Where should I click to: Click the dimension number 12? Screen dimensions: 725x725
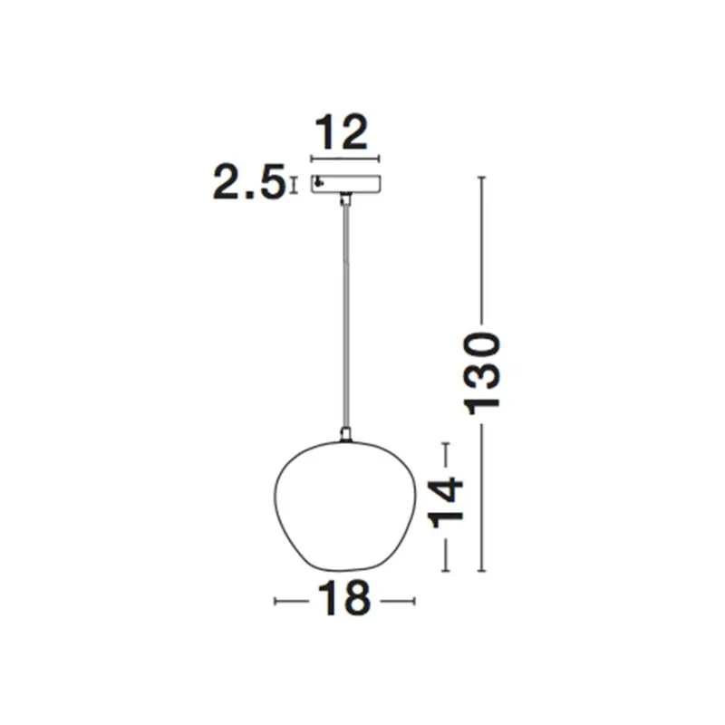pyautogui.click(x=343, y=133)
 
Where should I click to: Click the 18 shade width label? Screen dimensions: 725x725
pyautogui.click(x=343, y=600)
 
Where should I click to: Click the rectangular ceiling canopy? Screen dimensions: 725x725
pyautogui.click(x=345, y=183)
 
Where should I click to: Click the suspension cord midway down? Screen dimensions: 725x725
pyautogui.click(x=344, y=317)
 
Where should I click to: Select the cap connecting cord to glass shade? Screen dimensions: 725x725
pyautogui.click(x=344, y=436)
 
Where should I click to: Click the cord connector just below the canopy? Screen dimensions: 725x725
pyautogui.click(x=344, y=198)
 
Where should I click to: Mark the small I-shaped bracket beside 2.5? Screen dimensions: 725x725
pyautogui.click(x=292, y=184)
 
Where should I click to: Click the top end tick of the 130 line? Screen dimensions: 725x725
pyautogui.click(x=482, y=177)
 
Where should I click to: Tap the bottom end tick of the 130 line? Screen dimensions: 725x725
pyautogui.click(x=482, y=571)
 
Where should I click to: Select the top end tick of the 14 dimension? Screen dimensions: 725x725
pyautogui.click(x=445, y=443)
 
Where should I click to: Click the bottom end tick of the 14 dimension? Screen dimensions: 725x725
pyautogui.click(x=445, y=570)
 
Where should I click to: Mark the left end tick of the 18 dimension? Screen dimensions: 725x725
pyautogui.click(x=275, y=600)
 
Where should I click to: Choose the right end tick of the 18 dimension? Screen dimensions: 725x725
pyautogui.click(x=413, y=600)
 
